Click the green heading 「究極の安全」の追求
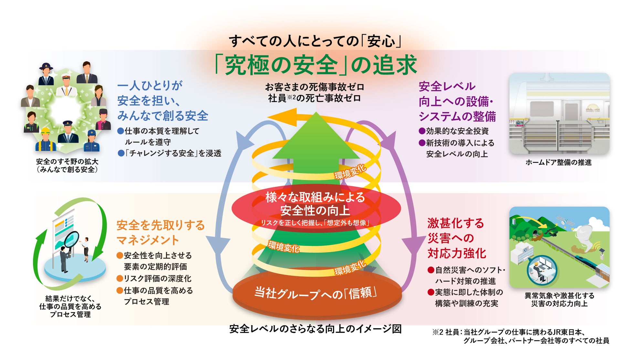pyautogui.click(x=316, y=65)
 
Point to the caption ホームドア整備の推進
pyautogui.click(x=558, y=162)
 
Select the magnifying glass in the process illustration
pyautogui.click(x=72, y=239)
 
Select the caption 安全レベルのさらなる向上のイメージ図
pyautogui.click(x=315, y=329)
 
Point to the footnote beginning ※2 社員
pyautogui.click(x=520, y=336)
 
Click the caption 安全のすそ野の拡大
pyautogui.click(x=67, y=161)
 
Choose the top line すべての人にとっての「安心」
pyautogui.click(x=315, y=41)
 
